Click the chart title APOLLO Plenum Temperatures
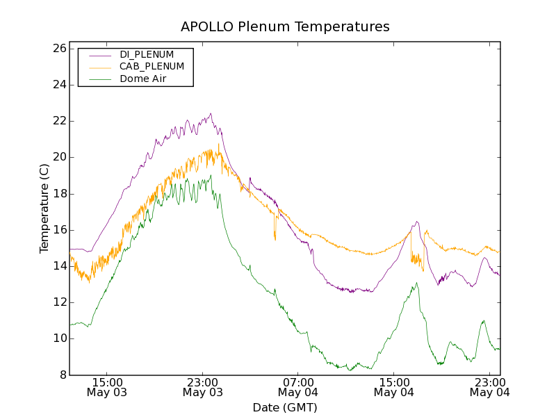[x=285, y=27]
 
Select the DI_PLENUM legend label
[x=147, y=54]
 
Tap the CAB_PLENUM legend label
[x=152, y=66]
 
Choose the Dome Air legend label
[x=142, y=79]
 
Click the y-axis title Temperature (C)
[x=44, y=208]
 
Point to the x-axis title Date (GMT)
[x=285, y=407]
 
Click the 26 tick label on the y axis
[x=58, y=49]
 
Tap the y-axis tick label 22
[x=58, y=121]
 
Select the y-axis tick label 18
[x=58, y=194]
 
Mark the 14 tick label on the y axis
[x=58, y=266]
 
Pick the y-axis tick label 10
[x=58, y=338]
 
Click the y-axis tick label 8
[x=62, y=375]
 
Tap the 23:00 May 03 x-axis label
[x=202, y=387]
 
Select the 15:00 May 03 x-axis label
[x=106, y=387]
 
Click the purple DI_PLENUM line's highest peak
[x=211, y=114]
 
